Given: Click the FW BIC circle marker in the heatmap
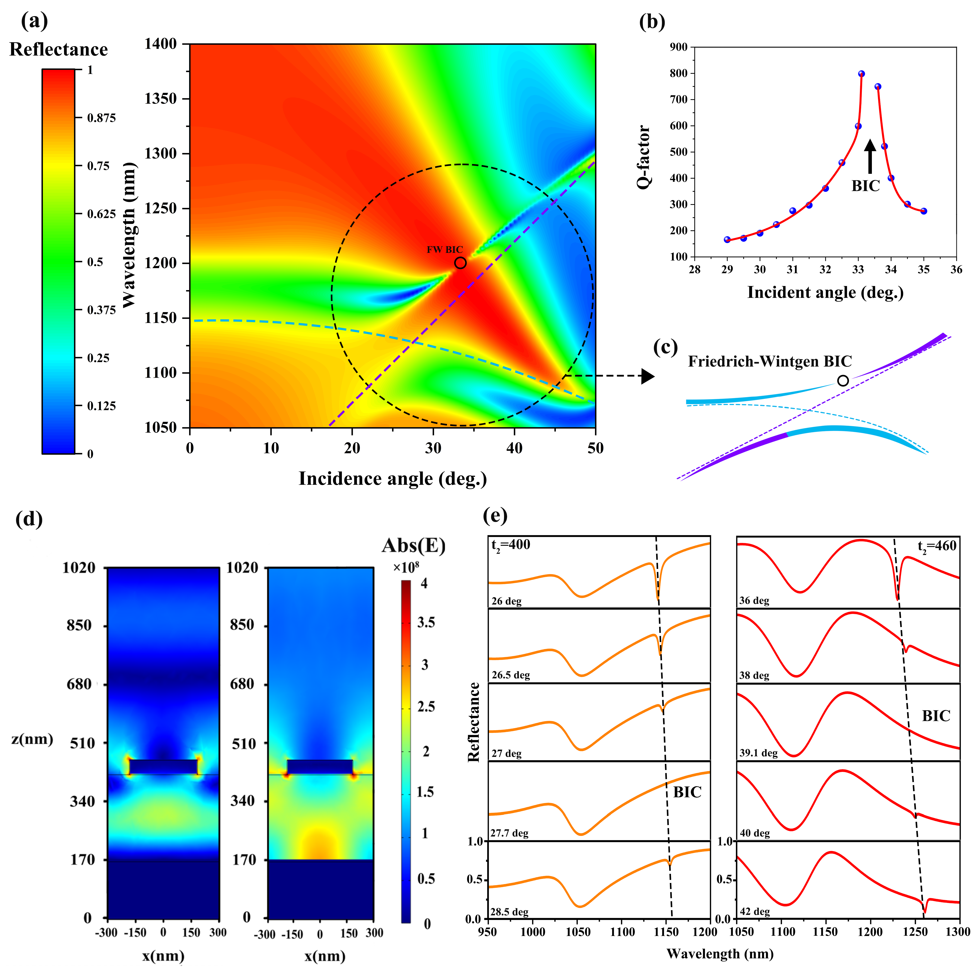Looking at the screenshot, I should coord(460,263).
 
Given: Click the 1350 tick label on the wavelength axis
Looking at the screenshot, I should coord(160,99).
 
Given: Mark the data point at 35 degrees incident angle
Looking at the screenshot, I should coord(924,211).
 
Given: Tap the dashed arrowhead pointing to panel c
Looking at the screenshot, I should coord(648,376).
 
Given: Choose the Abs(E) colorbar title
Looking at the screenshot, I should coord(414,545).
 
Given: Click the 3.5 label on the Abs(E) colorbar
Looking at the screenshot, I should coord(426,622).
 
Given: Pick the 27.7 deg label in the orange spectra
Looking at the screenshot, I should coord(509,833).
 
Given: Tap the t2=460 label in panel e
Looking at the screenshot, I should coord(937,546).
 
